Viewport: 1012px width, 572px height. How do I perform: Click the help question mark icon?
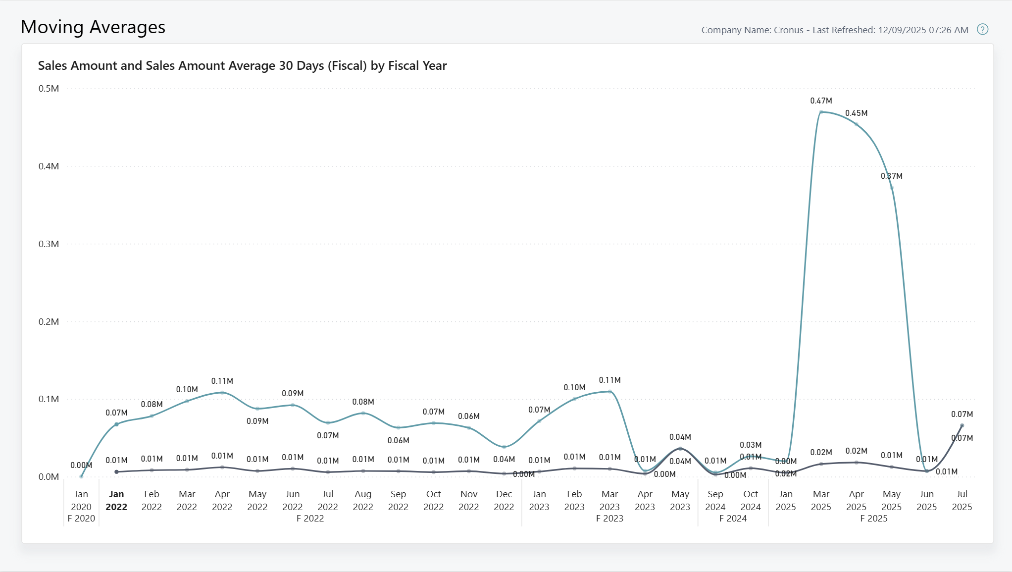click(x=982, y=29)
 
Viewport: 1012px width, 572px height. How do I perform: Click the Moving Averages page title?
click(x=93, y=27)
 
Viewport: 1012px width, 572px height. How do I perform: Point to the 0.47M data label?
click(x=821, y=101)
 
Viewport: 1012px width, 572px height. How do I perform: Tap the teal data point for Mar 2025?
click(x=821, y=112)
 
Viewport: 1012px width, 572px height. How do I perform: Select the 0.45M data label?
click(x=856, y=113)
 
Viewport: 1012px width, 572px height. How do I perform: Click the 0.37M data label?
click(x=891, y=176)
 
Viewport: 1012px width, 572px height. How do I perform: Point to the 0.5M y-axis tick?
click(x=49, y=89)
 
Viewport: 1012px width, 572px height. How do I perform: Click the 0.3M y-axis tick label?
click(x=49, y=244)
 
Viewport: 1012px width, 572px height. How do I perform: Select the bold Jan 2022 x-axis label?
click(x=116, y=500)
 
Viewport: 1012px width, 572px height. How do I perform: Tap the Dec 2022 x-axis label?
click(x=504, y=500)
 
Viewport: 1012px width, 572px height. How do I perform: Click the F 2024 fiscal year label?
click(x=733, y=518)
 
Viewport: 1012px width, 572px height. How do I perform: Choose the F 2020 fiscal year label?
click(x=81, y=518)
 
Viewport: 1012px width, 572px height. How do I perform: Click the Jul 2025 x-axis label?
click(x=961, y=500)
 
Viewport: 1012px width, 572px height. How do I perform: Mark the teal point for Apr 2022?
click(x=222, y=393)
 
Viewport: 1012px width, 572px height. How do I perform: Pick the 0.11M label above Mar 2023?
click(x=609, y=380)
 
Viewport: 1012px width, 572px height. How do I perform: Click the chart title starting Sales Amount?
click(x=242, y=65)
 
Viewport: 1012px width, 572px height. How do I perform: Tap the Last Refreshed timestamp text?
click(x=890, y=30)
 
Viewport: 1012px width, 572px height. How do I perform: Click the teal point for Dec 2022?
click(x=504, y=447)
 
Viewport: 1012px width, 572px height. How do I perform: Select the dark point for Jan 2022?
click(x=116, y=472)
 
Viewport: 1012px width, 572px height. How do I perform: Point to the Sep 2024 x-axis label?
click(x=715, y=500)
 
